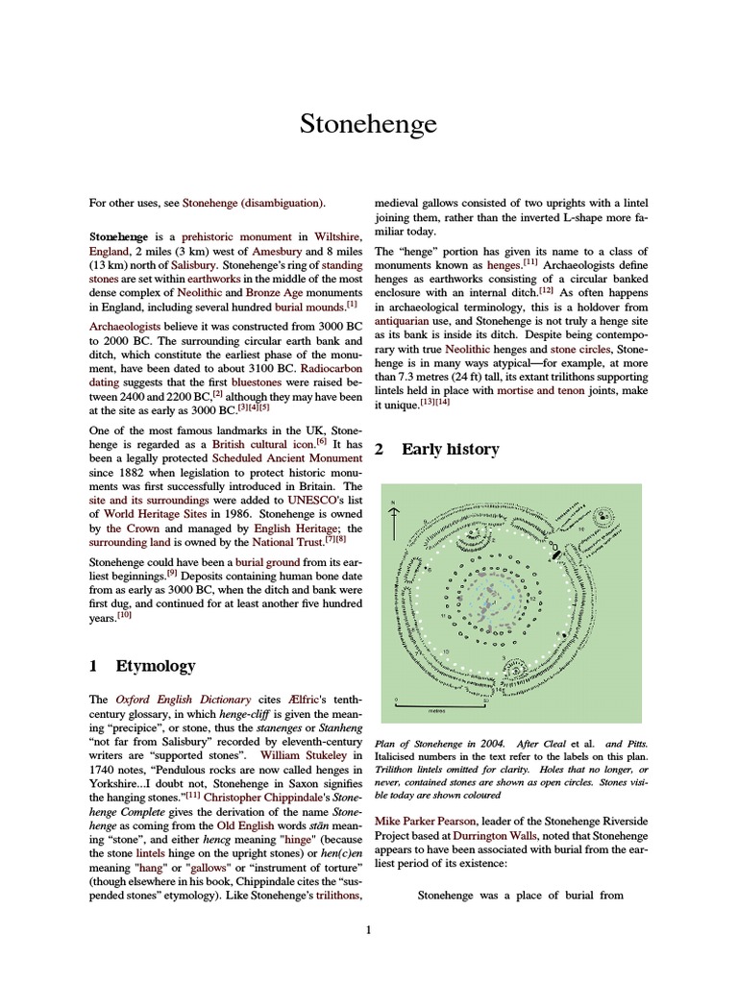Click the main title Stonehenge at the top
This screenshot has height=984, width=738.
(369, 125)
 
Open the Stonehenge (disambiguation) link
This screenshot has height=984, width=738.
(254, 203)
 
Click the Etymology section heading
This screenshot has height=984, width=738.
(156, 666)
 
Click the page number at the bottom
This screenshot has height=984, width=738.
(368, 930)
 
